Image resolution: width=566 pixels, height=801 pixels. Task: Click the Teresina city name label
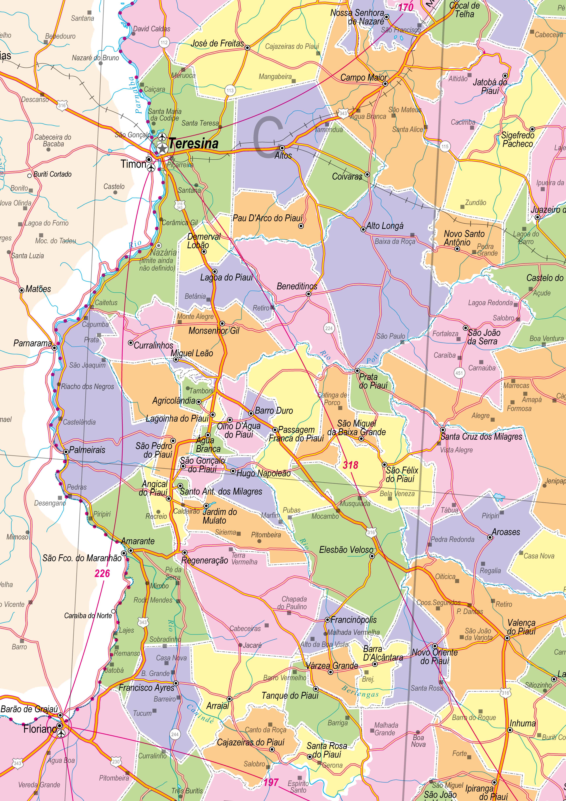[194, 143]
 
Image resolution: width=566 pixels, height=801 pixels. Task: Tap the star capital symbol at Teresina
[162, 149]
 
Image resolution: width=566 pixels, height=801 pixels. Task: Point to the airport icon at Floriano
[61, 734]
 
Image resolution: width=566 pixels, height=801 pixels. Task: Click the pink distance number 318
[350, 465]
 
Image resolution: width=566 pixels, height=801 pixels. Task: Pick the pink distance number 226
[102, 573]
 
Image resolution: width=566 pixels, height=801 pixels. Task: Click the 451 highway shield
[459, 373]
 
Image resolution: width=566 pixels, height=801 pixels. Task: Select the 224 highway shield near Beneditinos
[329, 328]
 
